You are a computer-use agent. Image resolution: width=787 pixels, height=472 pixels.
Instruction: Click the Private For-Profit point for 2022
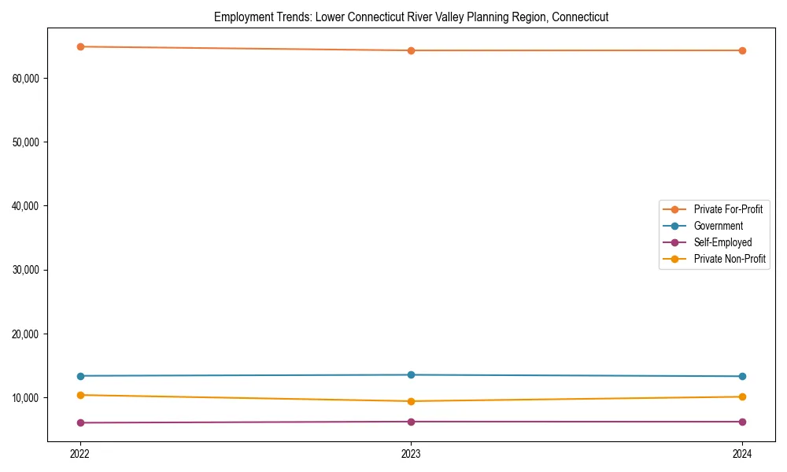pos(80,46)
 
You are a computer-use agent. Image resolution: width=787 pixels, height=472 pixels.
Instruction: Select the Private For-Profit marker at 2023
pos(411,50)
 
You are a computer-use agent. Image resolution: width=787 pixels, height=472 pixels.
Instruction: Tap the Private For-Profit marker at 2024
pos(742,50)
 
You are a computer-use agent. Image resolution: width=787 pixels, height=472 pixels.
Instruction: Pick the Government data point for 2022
pos(80,376)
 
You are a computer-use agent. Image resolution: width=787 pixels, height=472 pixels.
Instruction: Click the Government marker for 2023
pos(411,374)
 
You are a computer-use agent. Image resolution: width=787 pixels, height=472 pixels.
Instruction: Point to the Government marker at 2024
pos(742,376)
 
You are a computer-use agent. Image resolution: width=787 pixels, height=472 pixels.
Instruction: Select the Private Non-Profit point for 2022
pos(80,395)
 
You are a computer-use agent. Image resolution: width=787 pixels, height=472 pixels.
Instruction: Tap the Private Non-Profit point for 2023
pos(411,401)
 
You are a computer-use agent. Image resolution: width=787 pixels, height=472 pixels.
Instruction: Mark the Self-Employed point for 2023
pos(411,422)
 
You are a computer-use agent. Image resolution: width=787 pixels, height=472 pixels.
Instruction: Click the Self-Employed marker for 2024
pos(742,422)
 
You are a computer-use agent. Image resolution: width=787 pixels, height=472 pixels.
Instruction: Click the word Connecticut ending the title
pos(580,17)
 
